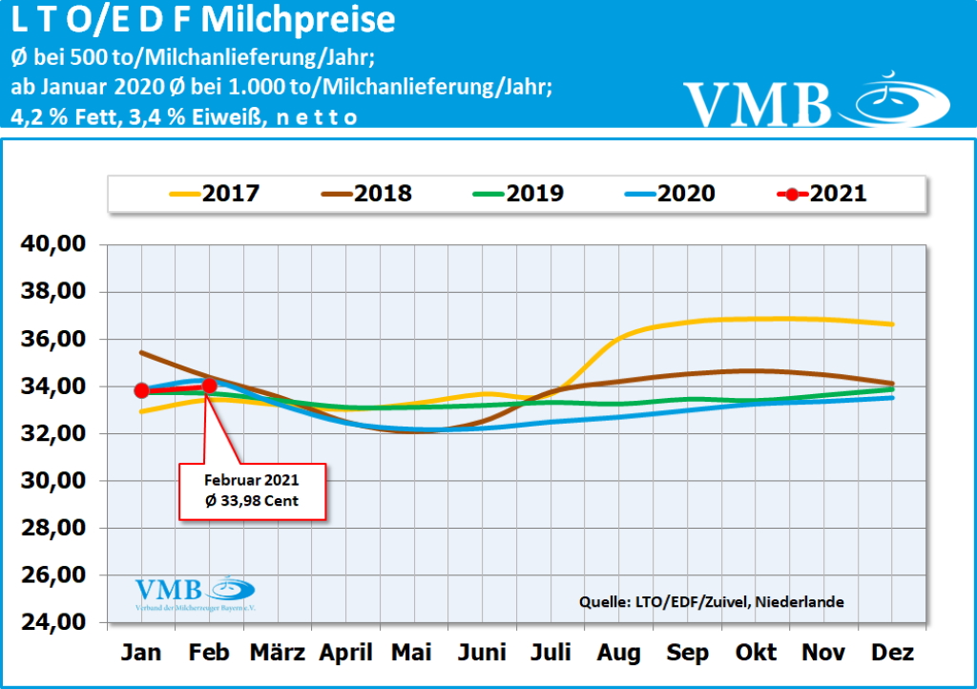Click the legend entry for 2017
215,194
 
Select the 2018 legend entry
367,194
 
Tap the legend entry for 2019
519,194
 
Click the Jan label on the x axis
141,653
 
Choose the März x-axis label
278,653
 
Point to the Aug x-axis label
619,653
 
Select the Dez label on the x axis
892,653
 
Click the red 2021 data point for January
142,390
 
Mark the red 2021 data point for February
210,386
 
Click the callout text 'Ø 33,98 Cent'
253,501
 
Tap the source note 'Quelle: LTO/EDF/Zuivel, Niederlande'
711,602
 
